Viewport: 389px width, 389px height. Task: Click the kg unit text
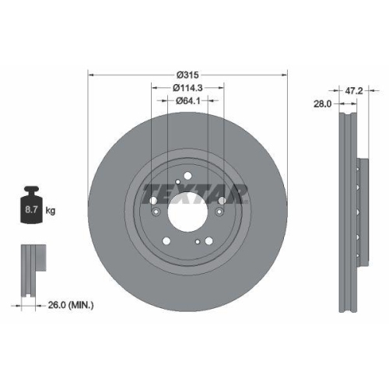[51, 211]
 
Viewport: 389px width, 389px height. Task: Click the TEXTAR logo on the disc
[195, 191]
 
